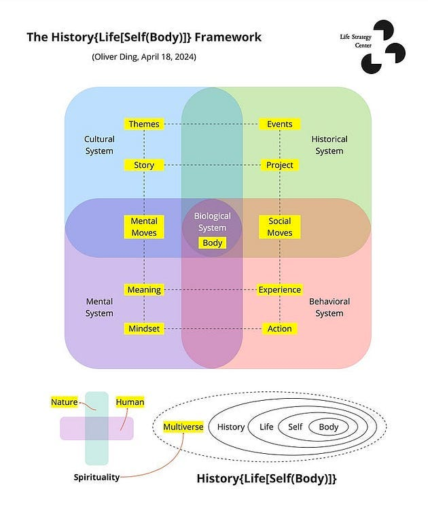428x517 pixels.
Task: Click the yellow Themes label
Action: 143,124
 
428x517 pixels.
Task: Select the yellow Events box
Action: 279,124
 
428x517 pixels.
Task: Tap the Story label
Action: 143,165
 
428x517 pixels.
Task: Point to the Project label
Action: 279,165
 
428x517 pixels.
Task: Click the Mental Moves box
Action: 143,227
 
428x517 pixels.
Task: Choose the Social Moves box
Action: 279,227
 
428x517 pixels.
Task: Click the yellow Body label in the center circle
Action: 212,243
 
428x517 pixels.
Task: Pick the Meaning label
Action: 143,289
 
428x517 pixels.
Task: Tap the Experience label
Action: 279,289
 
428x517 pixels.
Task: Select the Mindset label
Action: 143,329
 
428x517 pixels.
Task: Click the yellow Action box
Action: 279,329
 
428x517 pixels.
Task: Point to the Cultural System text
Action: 99,145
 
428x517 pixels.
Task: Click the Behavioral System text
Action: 329,307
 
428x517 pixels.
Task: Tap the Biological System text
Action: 212,221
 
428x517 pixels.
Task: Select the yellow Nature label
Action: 64,402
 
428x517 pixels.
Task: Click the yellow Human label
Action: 130,402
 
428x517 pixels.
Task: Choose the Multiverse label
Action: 183,427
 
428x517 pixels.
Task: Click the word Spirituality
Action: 96,477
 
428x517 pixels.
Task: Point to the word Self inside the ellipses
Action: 295,427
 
